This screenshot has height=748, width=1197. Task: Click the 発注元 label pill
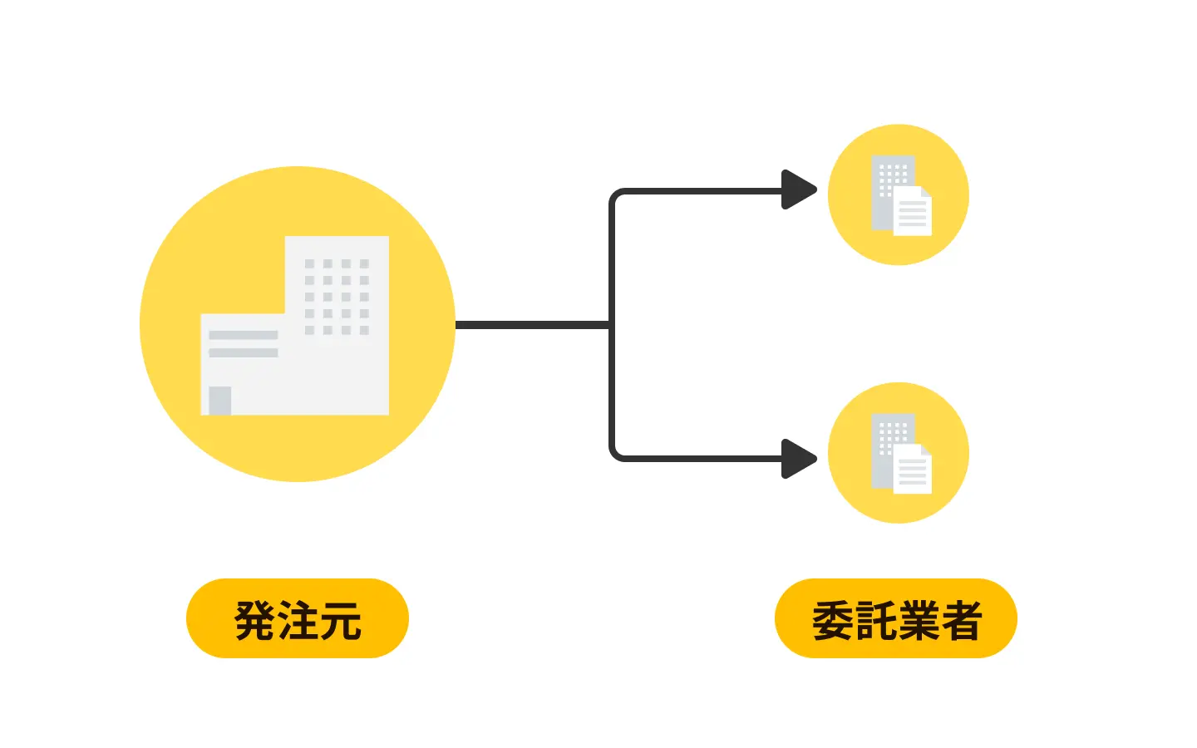point(297,618)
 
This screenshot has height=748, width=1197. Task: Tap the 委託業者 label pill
point(895,618)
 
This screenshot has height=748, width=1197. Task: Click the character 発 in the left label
point(255,620)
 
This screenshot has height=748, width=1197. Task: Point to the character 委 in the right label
point(833,620)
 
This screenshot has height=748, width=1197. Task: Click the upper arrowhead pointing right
point(798,190)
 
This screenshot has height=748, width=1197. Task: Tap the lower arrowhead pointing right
point(798,459)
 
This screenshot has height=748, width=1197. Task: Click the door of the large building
point(219,401)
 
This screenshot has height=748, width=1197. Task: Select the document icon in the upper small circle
point(913,213)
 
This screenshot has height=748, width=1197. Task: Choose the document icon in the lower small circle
point(913,471)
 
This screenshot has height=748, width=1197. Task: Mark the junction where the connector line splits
point(611,324)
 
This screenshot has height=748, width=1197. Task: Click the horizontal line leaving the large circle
point(532,324)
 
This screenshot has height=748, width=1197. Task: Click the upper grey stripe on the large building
point(243,335)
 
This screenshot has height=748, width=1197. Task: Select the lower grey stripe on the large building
point(243,352)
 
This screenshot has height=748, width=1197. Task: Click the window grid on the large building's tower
point(337,297)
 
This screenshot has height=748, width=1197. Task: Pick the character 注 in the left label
point(298,620)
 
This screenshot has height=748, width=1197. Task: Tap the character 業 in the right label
point(918,620)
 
